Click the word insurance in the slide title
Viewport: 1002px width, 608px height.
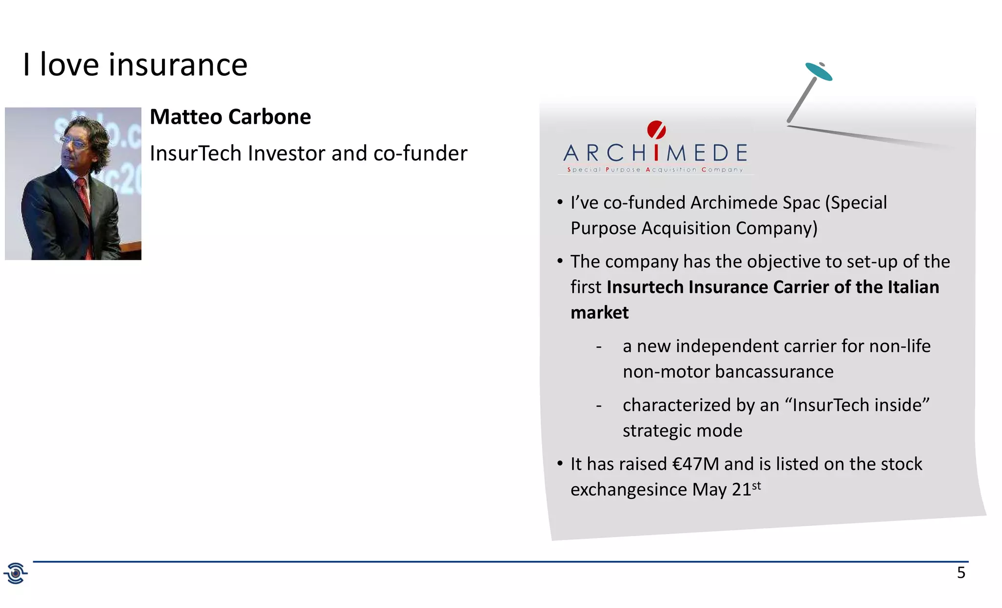[x=178, y=65]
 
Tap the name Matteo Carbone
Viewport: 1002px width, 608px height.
[x=230, y=117]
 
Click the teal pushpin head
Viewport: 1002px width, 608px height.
[x=819, y=71]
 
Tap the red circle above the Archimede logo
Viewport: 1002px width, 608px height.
[x=656, y=130]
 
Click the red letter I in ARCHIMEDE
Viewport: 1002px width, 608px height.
[x=656, y=153]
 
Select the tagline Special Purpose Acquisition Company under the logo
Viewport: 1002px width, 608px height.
[x=655, y=170]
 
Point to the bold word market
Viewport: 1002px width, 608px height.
[x=599, y=313]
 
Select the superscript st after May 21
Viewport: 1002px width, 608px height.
[x=756, y=486]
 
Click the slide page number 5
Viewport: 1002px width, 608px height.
[x=961, y=573]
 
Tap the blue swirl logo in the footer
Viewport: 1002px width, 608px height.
[x=16, y=573]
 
